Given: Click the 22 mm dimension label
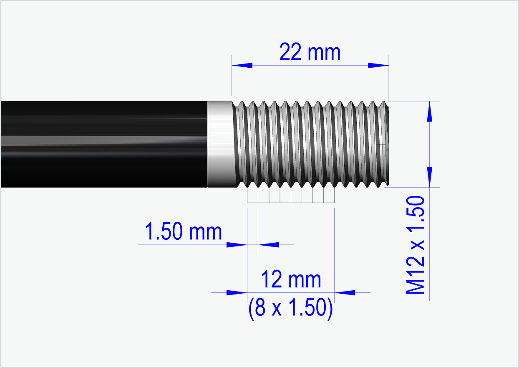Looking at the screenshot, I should (310, 53).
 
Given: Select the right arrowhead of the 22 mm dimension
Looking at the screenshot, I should (378, 65).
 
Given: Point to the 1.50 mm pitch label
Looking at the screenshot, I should (183, 232).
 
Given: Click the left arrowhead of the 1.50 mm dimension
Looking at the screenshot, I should (237, 244).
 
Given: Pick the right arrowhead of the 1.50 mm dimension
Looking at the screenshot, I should (269, 244).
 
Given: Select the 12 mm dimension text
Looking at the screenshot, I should (291, 279).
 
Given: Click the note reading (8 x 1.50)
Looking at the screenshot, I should (291, 308).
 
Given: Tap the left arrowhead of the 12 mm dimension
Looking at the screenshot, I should (237, 292).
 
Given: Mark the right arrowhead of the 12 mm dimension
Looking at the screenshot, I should (345, 292).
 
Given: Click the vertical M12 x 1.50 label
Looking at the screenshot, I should (416, 245).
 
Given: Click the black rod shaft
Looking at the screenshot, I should (104, 125).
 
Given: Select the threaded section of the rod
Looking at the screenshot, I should (309, 144).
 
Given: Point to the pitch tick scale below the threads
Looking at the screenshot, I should (291, 195).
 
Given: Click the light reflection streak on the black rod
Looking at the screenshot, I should (104, 141).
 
